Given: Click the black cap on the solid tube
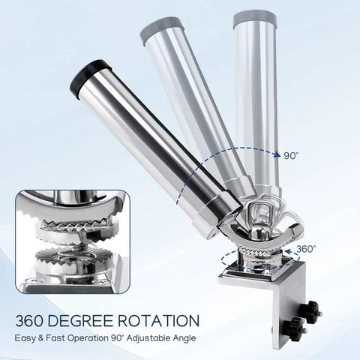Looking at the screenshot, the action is point(90,76).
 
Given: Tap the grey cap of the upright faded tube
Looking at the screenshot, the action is point(254,18).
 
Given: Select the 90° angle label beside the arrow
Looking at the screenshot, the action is point(291,156).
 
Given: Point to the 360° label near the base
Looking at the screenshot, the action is point(306,249).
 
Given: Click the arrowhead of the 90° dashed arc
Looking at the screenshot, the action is point(276,154).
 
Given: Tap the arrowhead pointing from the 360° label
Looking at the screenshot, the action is point(289,251).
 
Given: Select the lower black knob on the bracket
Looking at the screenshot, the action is point(295,328).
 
